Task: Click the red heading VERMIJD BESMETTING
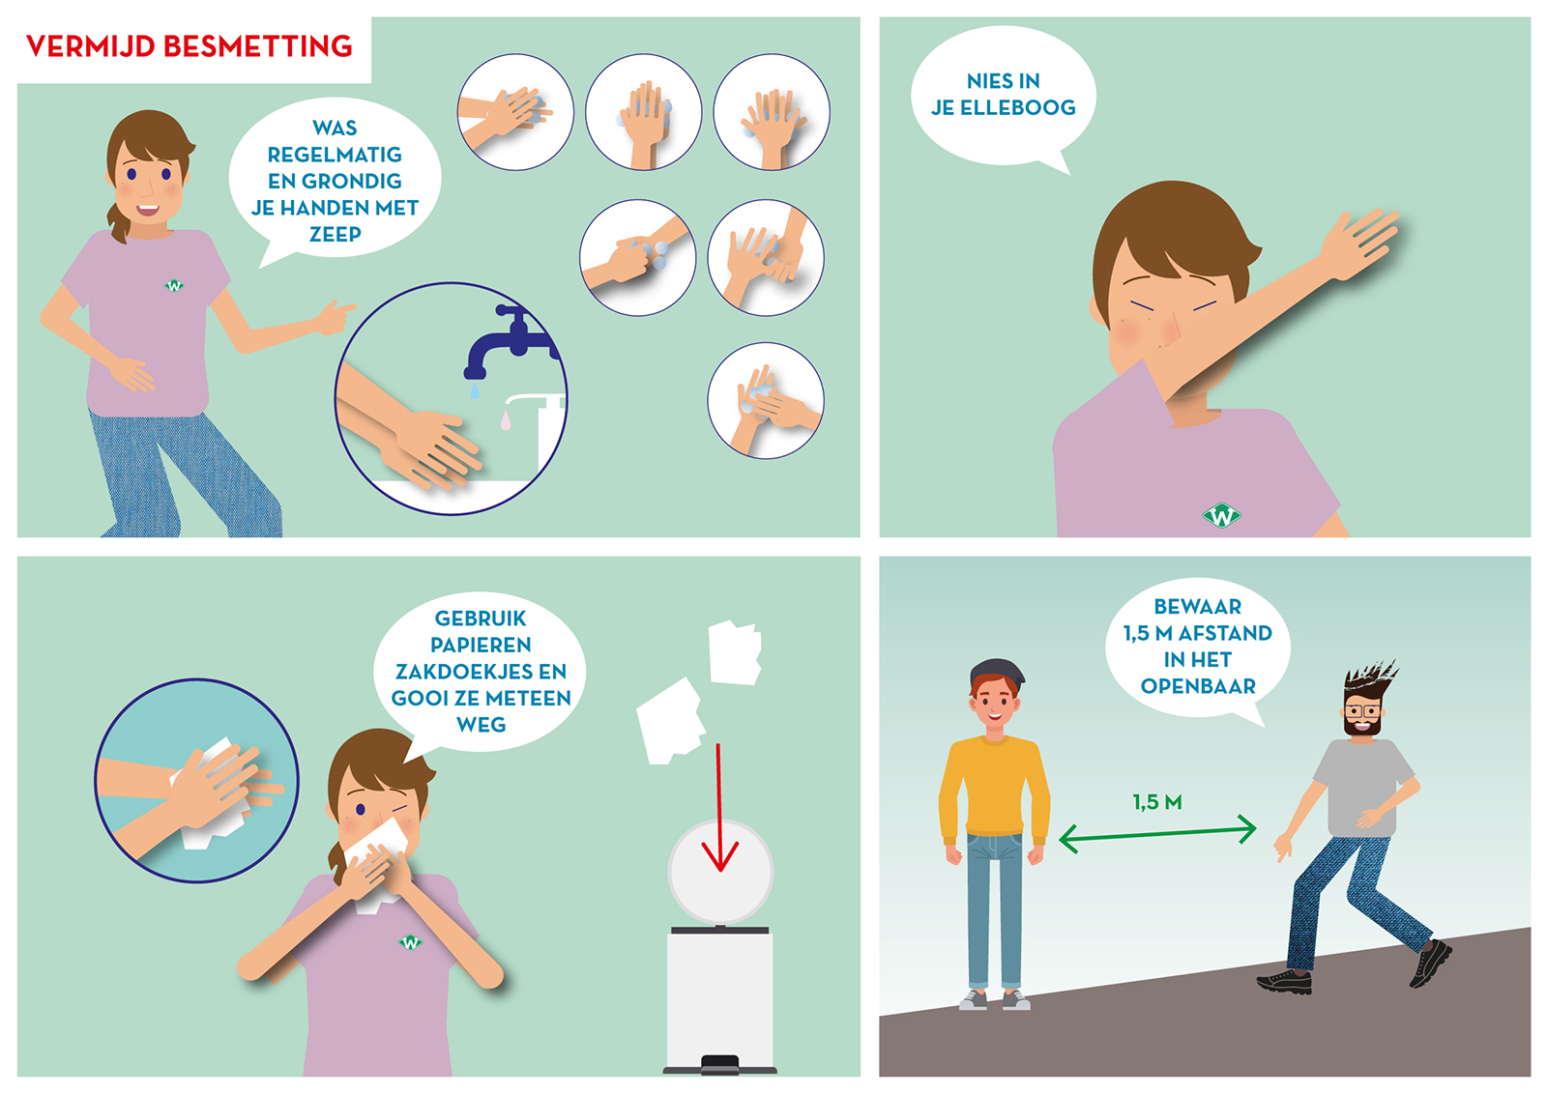[190, 46]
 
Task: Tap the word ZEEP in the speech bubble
[335, 234]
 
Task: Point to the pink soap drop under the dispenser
[506, 419]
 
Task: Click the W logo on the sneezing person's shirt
[1221, 515]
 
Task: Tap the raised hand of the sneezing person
[1359, 243]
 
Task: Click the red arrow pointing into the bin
[719, 808]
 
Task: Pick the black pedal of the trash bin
[719, 1063]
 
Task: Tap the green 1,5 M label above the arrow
[1156, 802]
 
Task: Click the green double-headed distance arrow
[1157, 834]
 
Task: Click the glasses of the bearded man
[1362, 711]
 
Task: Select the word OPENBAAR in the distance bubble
[1198, 686]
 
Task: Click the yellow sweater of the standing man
[994, 787]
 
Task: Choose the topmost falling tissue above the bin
[735, 652]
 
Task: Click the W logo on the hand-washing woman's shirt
[174, 285]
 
